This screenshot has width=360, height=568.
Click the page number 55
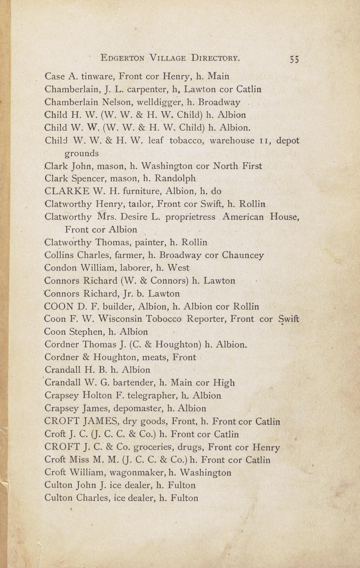pyautogui.click(x=294, y=59)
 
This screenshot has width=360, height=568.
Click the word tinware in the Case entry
pyautogui.click(x=98, y=77)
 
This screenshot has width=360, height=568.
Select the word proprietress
pyautogui.click(x=190, y=217)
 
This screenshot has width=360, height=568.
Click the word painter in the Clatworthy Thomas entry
pyautogui.click(x=150, y=242)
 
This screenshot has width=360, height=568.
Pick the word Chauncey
pyautogui.click(x=243, y=255)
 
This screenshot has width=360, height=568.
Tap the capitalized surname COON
pyautogui.click(x=58, y=307)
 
